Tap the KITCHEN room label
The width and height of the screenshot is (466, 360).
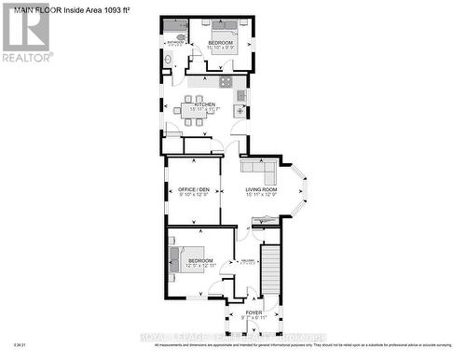coord(204,104)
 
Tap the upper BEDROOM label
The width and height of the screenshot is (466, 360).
coord(221,43)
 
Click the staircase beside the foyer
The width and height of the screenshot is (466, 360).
coord(270,270)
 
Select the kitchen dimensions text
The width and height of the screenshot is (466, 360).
coord(204,110)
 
